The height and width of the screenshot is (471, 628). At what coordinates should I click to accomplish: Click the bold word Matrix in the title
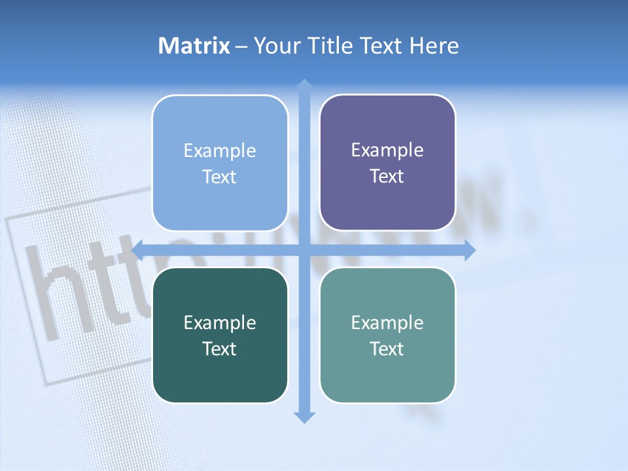coord(194,46)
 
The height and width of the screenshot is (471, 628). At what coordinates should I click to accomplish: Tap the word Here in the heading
coord(434,46)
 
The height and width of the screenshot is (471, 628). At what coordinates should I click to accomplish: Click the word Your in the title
coord(277,46)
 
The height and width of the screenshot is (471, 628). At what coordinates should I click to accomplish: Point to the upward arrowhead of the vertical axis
coord(304,84)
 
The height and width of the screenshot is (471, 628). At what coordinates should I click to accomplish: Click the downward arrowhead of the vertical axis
coord(304,417)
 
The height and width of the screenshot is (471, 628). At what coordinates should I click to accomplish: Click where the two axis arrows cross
coord(304,250)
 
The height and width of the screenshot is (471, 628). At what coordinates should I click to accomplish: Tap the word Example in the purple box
coord(387,150)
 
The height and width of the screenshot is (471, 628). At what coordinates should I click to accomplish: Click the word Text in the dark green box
coord(220,349)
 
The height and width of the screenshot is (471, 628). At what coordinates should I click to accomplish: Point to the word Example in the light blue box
coord(220,151)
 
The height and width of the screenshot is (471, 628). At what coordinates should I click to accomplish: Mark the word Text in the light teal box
coord(387,349)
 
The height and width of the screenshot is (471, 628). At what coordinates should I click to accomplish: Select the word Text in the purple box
coord(387,177)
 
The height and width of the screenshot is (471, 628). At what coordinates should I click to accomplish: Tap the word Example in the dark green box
coord(220,323)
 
